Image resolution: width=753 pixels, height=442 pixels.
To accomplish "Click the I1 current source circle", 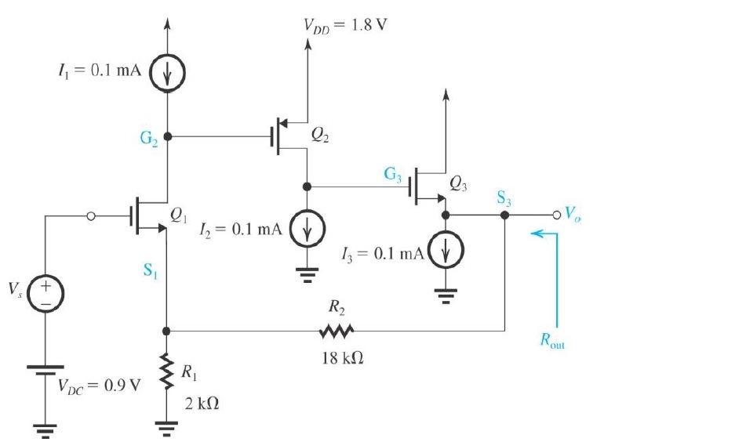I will coord(167,71).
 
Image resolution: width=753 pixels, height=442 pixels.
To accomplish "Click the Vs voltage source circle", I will coord(45,295).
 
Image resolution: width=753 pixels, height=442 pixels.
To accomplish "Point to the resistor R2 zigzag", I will coord(336,331).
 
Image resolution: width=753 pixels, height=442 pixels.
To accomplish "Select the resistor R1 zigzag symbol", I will coord(167,373).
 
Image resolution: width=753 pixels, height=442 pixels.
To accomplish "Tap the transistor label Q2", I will coord(320,134).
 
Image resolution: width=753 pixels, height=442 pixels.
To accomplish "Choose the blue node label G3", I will coord(394,176).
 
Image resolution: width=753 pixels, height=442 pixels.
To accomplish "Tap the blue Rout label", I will coord(552,342).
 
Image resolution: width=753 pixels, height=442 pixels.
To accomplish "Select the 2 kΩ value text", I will coord(201,404).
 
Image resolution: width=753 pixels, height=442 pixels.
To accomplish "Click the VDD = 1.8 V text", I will coord(345,23).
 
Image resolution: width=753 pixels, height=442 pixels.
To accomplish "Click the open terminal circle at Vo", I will coord(557,214).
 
